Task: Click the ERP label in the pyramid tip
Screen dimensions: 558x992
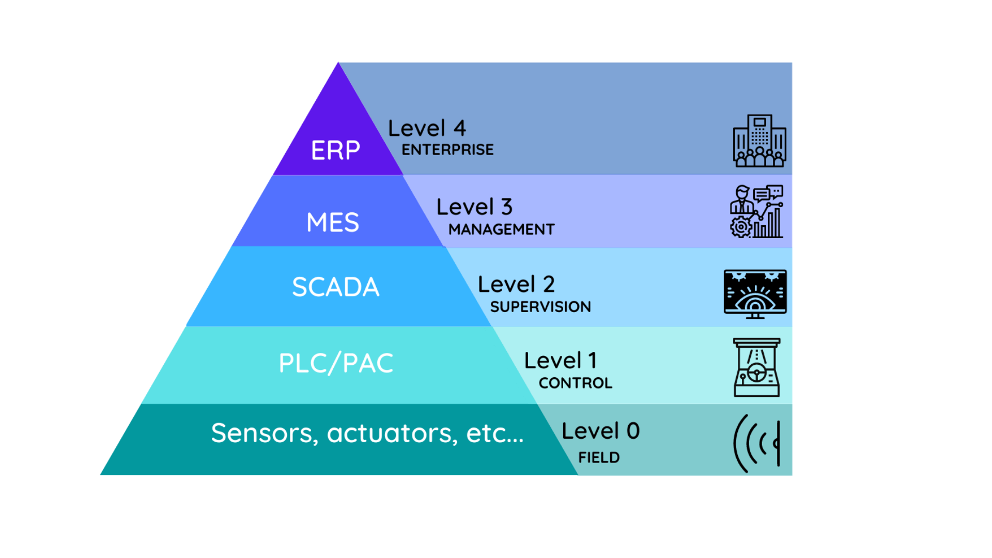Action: (x=335, y=150)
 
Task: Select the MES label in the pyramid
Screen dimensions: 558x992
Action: (x=333, y=223)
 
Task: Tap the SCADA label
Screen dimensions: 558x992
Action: (x=336, y=287)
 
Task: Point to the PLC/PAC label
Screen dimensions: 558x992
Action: (x=336, y=363)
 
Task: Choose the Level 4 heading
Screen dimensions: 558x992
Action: (x=427, y=128)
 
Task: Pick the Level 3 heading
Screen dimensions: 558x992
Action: (x=474, y=207)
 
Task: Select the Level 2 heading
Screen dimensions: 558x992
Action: (x=516, y=284)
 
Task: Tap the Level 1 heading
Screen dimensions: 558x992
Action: (x=561, y=361)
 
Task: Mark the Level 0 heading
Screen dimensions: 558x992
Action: (x=601, y=431)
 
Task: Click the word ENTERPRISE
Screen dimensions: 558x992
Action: (x=447, y=150)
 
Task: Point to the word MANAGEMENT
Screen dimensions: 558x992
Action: (x=501, y=229)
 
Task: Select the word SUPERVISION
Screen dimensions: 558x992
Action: (x=540, y=307)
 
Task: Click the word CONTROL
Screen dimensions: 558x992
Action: (x=576, y=383)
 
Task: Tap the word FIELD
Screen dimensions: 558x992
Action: (x=599, y=458)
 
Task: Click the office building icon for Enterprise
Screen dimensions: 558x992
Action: (x=760, y=141)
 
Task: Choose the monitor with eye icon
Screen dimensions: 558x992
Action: (x=755, y=293)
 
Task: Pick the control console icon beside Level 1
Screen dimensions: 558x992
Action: (x=757, y=367)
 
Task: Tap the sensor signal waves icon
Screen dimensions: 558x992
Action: (x=757, y=443)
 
